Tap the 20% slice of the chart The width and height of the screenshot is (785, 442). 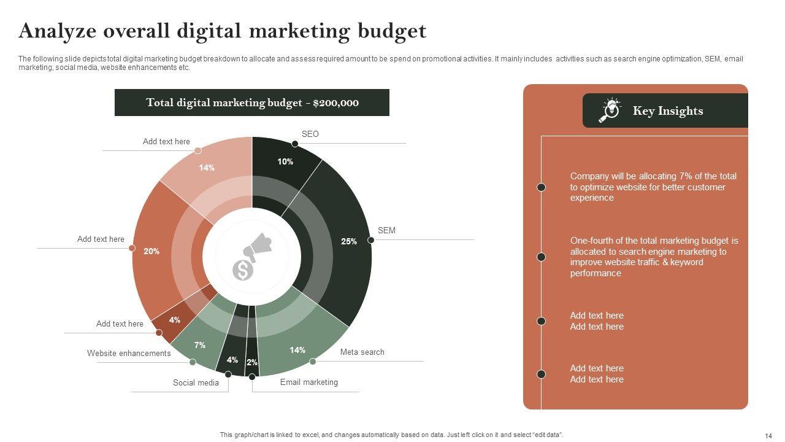[152, 251]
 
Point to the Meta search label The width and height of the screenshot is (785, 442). [362, 352]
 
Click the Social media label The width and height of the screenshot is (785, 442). [196, 382]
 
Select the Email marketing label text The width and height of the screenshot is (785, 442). [308, 382]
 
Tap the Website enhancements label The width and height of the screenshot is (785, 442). [129, 353]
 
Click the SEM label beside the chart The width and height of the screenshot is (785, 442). [386, 230]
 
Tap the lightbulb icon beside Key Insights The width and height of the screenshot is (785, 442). [610, 110]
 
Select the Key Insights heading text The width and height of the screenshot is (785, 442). [667, 111]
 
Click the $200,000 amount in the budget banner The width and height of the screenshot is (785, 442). [335, 103]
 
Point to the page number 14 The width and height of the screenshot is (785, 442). [768, 435]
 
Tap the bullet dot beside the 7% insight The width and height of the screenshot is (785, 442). [542, 187]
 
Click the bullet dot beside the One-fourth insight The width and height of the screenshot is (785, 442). [542, 257]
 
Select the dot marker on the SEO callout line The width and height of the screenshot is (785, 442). [295, 144]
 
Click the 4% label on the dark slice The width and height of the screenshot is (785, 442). [232, 360]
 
